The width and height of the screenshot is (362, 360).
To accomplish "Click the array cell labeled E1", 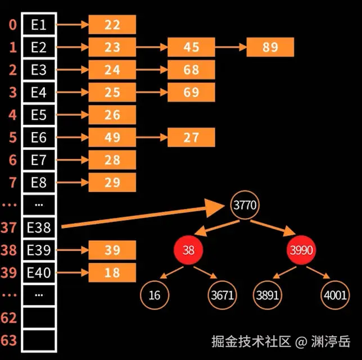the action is tap(39, 25).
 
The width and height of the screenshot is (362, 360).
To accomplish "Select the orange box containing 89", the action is tap(270, 47).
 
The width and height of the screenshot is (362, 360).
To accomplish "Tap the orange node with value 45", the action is tap(191, 47).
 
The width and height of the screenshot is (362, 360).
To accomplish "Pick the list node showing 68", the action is tap(191, 70).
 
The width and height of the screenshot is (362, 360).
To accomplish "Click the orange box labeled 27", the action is tap(191, 137).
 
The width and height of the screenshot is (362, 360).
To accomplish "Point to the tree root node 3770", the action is tap(245, 205).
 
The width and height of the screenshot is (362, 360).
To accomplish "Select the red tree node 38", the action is tap(188, 250).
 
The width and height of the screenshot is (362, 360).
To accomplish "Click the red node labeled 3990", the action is tap(301, 250).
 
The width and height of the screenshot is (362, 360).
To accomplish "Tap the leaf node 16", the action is tap(155, 295).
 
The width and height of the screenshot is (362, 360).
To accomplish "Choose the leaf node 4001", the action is tap(335, 295).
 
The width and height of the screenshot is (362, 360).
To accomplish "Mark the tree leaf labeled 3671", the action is tap(223, 295).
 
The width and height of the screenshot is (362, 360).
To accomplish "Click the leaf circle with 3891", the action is tap(268, 295).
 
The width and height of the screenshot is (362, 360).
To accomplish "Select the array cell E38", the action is tap(39, 227).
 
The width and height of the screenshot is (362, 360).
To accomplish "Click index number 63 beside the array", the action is tap(9, 340).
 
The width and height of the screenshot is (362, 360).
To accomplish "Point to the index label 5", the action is tap(13, 137).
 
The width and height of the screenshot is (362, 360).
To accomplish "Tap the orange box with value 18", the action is tap(112, 272).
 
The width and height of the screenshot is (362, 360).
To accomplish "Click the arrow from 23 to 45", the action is tap(152, 47).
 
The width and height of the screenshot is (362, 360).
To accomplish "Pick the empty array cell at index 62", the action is tap(39, 317).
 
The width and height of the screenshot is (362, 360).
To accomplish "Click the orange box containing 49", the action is tap(112, 137).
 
